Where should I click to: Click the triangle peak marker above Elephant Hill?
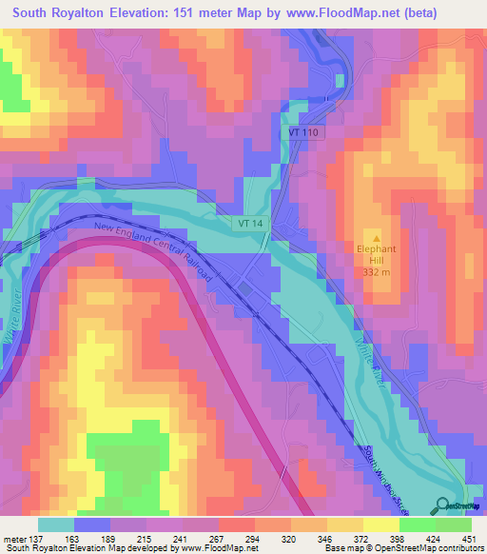click(x=378, y=238)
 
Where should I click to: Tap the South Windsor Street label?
click(x=389, y=473)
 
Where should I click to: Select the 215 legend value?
click(x=143, y=538)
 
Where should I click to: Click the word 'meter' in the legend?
click(x=16, y=538)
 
